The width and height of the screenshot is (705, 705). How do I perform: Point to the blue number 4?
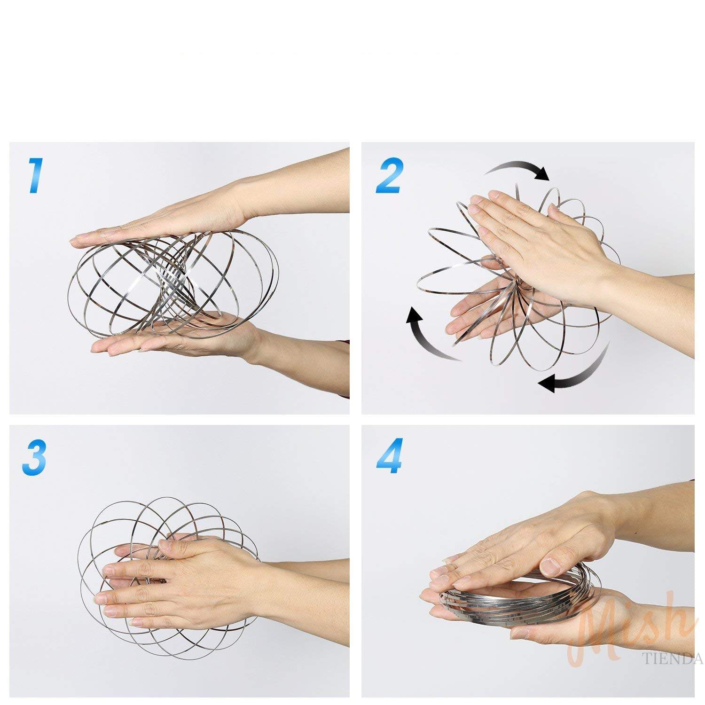[x=389, y=456]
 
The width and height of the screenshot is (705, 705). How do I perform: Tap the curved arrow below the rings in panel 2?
[x=580, y=371]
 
